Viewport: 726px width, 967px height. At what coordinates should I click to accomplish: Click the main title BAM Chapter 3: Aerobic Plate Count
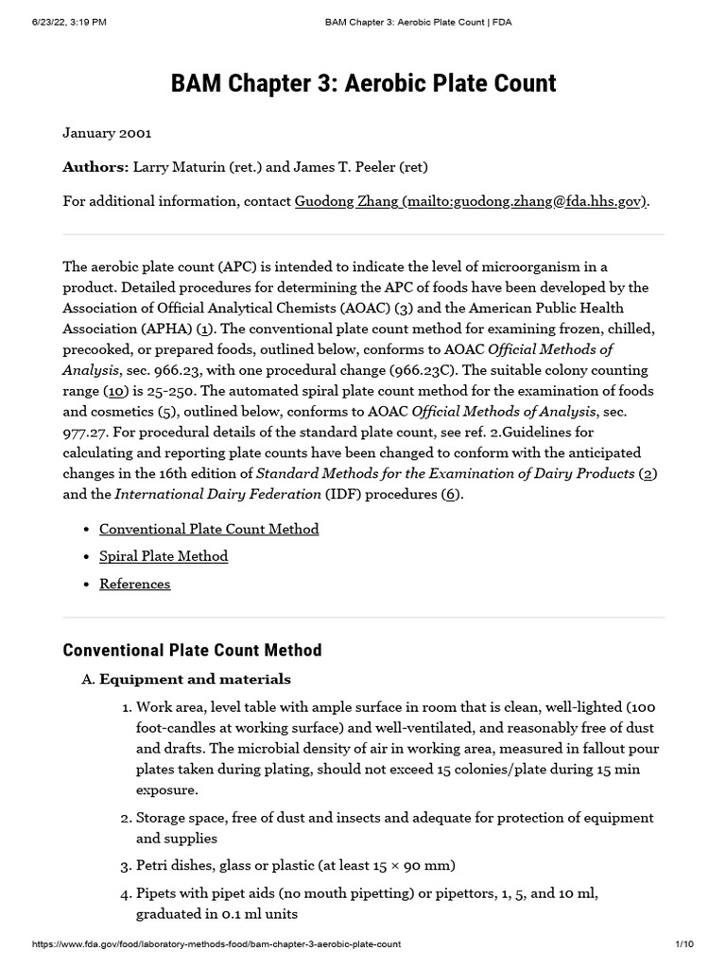coord(363,83)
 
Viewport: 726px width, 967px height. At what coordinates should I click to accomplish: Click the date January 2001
coord(107,133)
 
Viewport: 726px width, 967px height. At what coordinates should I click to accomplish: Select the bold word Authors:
coord(95,167)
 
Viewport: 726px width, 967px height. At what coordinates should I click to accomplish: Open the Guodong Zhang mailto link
coord(471,201)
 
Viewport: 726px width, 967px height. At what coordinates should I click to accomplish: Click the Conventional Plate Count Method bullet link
coord(209,529)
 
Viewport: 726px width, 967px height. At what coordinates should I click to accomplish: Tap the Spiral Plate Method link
coord(164,556)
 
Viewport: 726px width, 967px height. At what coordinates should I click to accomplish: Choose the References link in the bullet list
coord(135,584)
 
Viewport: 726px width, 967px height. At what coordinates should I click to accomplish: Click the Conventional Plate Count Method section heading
coord(192,650)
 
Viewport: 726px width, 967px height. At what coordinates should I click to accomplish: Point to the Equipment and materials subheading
coord(195,679)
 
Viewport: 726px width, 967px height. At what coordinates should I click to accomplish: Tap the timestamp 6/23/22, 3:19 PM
coord(69,23)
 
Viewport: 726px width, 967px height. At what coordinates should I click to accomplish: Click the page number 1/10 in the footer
coord(684,944)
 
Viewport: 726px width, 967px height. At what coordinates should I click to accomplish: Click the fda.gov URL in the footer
coord(216,944)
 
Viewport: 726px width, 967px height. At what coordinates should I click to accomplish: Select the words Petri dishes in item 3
coord(174,865)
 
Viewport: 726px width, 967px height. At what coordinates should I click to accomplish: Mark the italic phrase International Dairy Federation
coord(216,495)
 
